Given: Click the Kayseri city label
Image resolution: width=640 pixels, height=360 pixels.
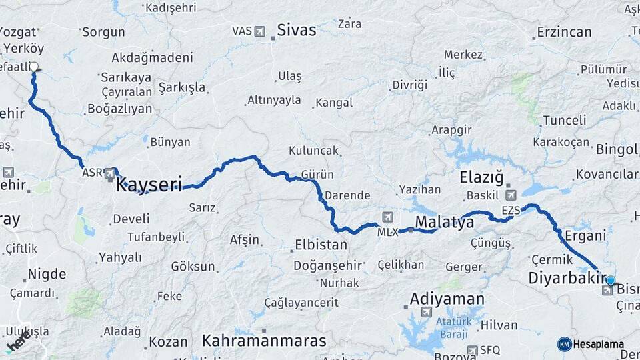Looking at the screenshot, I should [149, 185].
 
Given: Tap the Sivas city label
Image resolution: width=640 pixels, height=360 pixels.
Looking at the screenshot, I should [297, 30].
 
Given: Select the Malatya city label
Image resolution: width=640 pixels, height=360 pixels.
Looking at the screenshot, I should [444, 222].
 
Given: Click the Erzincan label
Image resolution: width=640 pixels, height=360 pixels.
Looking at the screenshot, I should [564, 32].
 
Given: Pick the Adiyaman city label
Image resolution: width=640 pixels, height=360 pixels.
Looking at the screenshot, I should [447, 298].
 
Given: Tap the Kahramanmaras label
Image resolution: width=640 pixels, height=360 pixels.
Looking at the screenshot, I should [265, 341].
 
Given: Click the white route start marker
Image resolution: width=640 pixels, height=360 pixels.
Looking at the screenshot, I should [33, 67].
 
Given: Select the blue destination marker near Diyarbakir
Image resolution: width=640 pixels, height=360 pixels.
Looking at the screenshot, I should [610, 281].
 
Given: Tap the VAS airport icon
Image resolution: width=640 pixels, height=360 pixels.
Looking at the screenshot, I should [259, 31].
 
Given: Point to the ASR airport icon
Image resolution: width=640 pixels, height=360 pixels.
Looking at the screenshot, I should [111, 173].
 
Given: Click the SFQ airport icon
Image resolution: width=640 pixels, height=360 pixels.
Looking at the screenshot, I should [473, 350].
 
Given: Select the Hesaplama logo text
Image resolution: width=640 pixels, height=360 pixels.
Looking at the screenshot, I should [599, 344].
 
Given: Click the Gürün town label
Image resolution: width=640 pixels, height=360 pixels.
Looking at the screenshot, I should [317, 175].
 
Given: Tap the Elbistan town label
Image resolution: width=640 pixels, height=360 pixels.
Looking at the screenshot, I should [321, 245].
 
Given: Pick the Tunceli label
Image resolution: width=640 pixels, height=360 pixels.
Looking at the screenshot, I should [564, 121].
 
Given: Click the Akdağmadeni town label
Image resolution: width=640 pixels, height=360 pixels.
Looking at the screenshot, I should [152, 57].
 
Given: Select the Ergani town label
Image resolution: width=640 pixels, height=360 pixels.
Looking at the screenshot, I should [585, 235].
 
